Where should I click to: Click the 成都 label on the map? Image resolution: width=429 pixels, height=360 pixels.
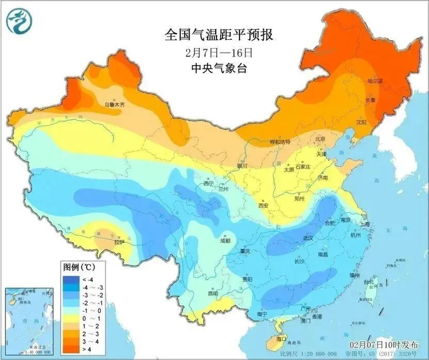[224, 240]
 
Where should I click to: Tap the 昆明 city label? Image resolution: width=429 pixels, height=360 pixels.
[213, 293]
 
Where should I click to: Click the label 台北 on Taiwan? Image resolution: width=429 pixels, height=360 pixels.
[370, 282]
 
